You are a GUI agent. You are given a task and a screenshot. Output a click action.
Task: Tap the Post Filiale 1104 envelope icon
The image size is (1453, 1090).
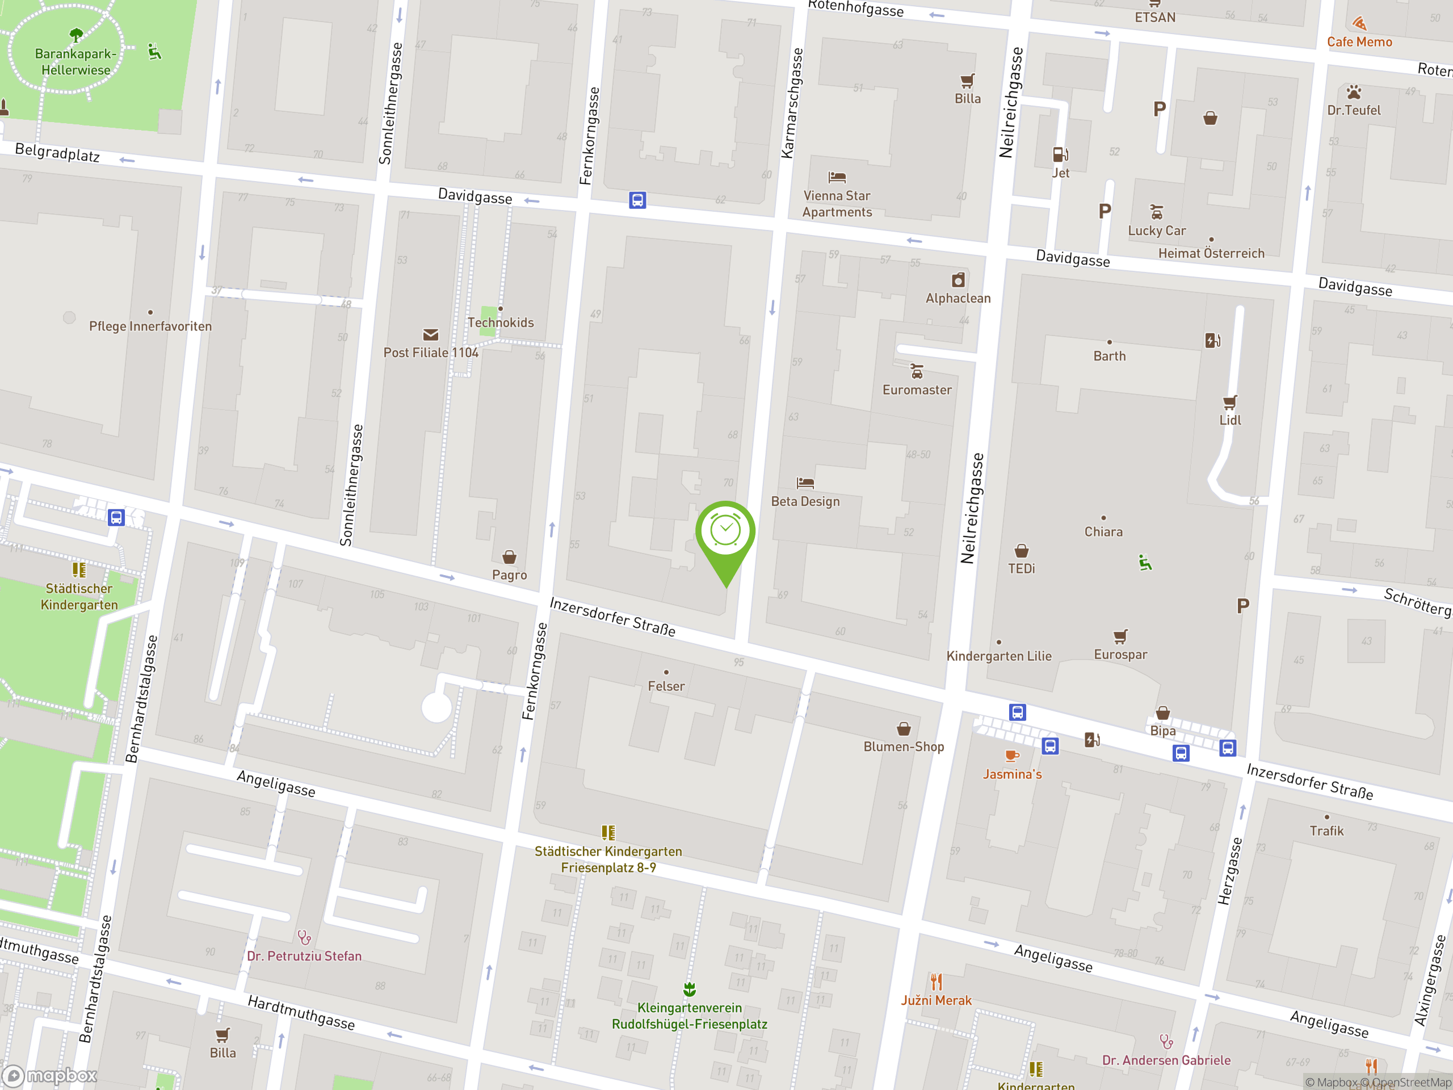(x=431, y=335)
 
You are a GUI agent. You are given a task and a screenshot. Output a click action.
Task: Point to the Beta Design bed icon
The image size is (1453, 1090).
(x=805, y=484)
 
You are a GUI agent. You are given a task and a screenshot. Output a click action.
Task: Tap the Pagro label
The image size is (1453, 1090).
(x=509, y=575)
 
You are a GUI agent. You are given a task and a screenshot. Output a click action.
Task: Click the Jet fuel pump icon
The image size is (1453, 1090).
(x=1060, y=154)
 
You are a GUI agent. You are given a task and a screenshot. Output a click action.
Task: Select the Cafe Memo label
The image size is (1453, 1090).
(x=1359, y=42)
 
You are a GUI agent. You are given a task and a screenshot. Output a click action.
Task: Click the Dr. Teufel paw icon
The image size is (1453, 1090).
(x=1354, y=92)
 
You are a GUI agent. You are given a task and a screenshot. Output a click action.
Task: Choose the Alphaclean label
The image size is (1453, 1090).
(x=958, y=298)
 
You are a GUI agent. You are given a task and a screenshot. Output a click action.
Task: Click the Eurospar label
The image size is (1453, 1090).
(x=1120, y=655)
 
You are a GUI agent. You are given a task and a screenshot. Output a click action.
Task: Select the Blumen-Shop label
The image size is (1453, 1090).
(x=903, y=747)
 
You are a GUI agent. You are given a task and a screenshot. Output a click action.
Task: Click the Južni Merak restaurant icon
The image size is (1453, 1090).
(x=936, y=982)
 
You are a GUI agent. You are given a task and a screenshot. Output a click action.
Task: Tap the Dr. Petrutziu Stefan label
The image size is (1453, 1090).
(x=304, y=956)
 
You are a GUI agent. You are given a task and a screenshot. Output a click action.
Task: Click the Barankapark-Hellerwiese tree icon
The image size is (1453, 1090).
(x=76, y=34)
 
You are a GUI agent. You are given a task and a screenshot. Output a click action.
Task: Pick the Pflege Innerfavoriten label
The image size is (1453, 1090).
(x=150, y=326)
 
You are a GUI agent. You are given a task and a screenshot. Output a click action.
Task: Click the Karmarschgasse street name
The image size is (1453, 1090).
(x=792, y=103)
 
